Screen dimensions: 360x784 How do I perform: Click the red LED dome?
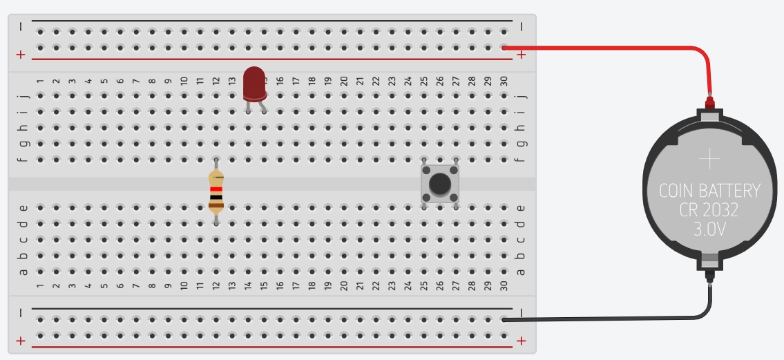click(x=254, y=82)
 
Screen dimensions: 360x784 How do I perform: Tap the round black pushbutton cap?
click(x=439, y=184)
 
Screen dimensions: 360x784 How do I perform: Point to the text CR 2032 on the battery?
click(x=709, y=209)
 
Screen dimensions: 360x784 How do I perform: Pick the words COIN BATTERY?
click(x=709, y=191)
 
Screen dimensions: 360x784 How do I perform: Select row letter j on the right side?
click(x=521, y=96)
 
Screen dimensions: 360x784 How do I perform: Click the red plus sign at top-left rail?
click(x=21, y=55)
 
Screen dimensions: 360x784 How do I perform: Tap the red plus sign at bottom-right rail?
click(x=521, y=340)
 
